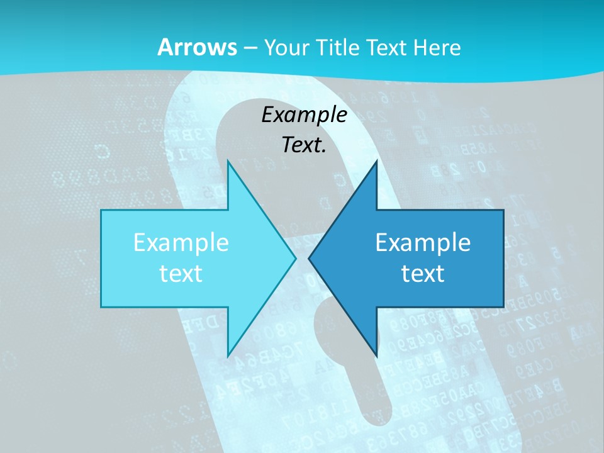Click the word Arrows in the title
coord(197,47)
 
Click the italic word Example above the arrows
coord(304,115)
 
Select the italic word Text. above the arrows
coord(304,145)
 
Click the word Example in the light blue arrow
coord(181,242)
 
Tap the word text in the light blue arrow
coord(181,273)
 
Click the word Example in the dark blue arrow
coord(423,242)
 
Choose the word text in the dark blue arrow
coord(423,273)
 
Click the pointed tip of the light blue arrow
coord(296,259)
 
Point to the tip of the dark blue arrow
coord(309,259)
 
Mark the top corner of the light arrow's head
coord(228,161)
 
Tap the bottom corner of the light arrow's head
coord(228,357)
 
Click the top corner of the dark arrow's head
coord(376,161)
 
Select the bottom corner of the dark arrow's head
coord(376,357)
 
